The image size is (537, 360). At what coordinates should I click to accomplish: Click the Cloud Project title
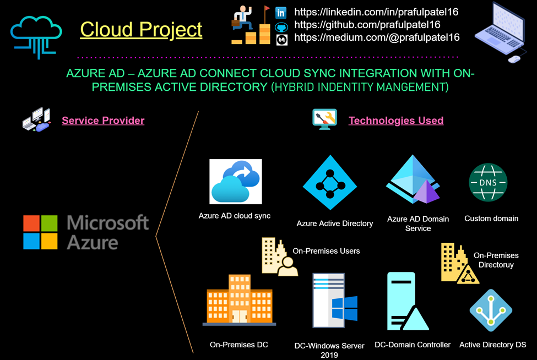(x=141, y=29)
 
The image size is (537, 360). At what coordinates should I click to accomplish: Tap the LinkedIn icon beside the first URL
(x=281, y=13)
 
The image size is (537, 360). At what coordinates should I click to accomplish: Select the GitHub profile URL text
(x=367, y=25)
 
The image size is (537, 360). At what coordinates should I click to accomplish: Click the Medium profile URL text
(x=377, y=37)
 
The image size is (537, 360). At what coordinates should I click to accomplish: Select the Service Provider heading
(x=103, y=120)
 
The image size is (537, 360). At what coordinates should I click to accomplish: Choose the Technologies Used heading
(x=395, y=120)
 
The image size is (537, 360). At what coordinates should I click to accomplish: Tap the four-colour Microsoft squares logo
(x=40, y=232)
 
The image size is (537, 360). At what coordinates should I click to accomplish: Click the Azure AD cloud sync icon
(x=236, y=182)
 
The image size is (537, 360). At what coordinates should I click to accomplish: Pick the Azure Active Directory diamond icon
(x=330, y=183)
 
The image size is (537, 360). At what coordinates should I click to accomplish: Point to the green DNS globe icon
(x=488, y=183)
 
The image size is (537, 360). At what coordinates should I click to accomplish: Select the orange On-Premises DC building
(x=239, y=300)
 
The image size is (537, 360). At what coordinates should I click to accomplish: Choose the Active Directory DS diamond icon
(x=491, y=310)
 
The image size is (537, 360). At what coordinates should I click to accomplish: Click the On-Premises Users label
(x=326, y=251)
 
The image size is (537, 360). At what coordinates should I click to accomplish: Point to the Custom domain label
(x=491, y=219)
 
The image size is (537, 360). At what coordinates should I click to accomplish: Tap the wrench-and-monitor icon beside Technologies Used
(x=324, y=118)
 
